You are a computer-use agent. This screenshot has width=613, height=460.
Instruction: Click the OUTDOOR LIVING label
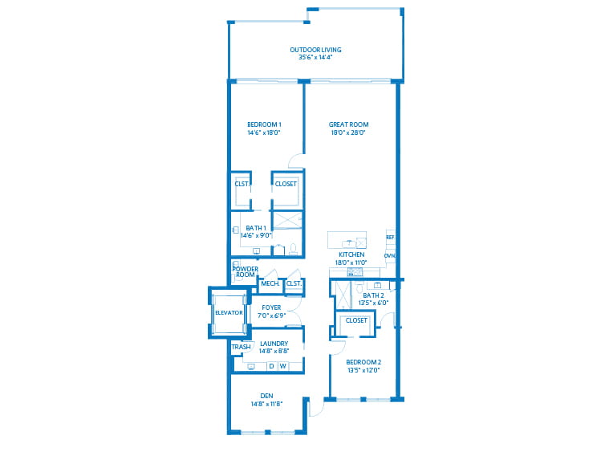(x=315, y=50)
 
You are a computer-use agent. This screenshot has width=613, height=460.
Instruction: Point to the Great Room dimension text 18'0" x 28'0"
(x=348, y=132)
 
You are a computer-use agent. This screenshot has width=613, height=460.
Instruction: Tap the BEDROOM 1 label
(x=264, y=124)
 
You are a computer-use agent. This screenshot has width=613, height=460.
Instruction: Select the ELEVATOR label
(x=229, y=312)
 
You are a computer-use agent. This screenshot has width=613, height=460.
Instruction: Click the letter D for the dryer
(x=271, y=366)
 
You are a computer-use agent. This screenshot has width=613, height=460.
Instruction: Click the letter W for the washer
(x=283, y=366)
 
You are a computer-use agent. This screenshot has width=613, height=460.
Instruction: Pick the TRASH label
(x=241, y=347)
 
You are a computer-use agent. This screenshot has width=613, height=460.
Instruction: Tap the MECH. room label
(x=270, y=283)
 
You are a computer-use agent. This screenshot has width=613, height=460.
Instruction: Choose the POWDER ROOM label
(x=246, y=272)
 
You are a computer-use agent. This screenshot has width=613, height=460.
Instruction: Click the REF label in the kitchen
(x=390, y=237)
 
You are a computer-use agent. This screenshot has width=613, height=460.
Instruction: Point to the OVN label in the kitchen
(x=390, y=255)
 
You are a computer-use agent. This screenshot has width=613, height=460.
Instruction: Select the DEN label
(x=266, y=396)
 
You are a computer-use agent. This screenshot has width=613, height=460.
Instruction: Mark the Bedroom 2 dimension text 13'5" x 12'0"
(x=363, y=370)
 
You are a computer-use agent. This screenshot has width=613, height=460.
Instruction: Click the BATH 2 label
(x=373, y=295)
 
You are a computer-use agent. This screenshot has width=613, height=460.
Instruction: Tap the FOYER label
(x=271, y=307)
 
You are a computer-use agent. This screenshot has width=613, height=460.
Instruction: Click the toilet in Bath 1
(x=293, y=249)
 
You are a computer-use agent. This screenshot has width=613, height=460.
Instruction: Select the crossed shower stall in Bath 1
(x=287, y=220)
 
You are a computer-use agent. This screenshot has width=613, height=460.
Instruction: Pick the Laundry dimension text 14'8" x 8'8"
(x=274, y=351)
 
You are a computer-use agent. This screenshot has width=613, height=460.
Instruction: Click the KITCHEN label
(x=351, y=254)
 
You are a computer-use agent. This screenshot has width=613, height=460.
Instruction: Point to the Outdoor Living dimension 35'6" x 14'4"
(x=315, y=57)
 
